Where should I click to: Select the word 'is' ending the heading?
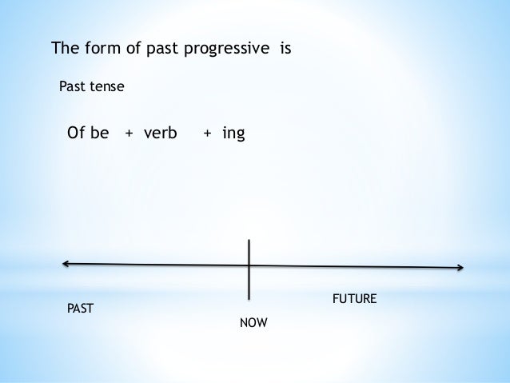click(285, 48)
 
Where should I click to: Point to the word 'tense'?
click(107, 86)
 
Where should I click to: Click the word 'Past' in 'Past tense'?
click(73, 86)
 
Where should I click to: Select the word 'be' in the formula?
click(99, 133)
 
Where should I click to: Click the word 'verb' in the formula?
click(160, 133)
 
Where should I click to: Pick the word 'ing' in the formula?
click(233, 134)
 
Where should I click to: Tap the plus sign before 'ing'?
click(207, 134)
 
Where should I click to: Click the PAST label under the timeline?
click(79, 308)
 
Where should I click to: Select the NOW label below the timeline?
click(253, 324)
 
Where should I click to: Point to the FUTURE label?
click(354, 299)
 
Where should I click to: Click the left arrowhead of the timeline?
click(65, 262)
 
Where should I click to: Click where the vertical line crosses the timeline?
click(249, 265)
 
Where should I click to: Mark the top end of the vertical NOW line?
click(249, 240)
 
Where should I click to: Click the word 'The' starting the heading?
click(66, 48)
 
